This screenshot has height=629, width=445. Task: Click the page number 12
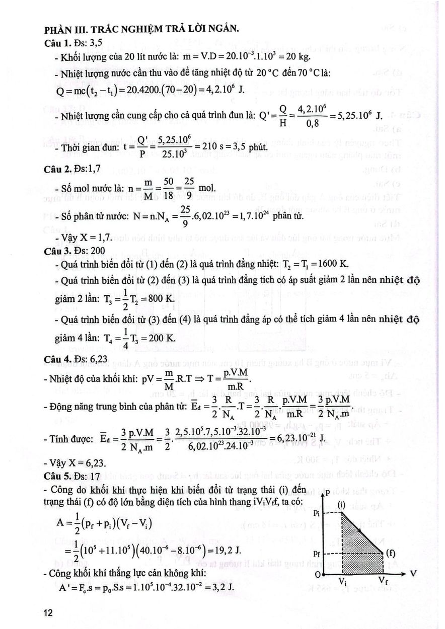(x=49, y=612)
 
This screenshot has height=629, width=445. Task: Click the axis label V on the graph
(x=413, y=573)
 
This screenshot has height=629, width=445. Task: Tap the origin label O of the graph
(x=317, y=575)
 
